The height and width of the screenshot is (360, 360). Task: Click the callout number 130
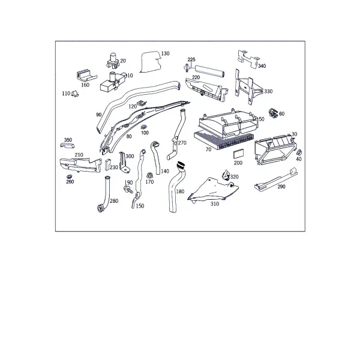pyautogui.click(x=166, y=53)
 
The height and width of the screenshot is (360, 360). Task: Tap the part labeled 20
pyautogui.click(x=113, y=61)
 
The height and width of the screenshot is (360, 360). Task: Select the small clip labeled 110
pyautogui.click(x=74, y=94)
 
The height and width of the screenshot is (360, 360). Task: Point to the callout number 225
pyautogui.click(x=191, y=59)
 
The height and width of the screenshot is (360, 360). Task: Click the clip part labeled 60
pyautogui.click(x=273, y=113)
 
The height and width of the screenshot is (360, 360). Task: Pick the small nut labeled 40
pyautogui.click(x=299, y=152)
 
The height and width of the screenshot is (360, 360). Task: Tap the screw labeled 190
pyautogui.click(x=128, y=190)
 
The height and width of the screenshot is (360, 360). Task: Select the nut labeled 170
pyautogui.click(x=149, y=176)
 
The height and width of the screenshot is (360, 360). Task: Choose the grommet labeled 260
pyautogui.click(x=69, y=176)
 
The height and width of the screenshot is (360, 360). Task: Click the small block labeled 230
pyautogui.click(x=107, y=164)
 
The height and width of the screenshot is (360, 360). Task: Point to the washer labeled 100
pyautogui.click(x=144, y=127)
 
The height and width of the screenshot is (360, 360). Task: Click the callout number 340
pyautogui.click(x=262, y=66)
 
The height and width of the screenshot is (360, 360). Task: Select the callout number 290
pyautogui.click(x=281, y=187)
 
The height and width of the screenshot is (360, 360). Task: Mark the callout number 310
pyautogui.click(x=215, y=204)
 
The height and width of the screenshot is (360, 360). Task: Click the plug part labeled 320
pyautogui.click(x=225, y=175)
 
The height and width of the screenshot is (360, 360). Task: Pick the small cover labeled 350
pyautogui.click(x=67, y=146)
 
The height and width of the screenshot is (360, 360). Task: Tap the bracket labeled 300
pyautogui.click(x=124, y=163)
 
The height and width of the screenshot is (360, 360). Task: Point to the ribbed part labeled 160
pyautogui.click(x=86, y=74)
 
